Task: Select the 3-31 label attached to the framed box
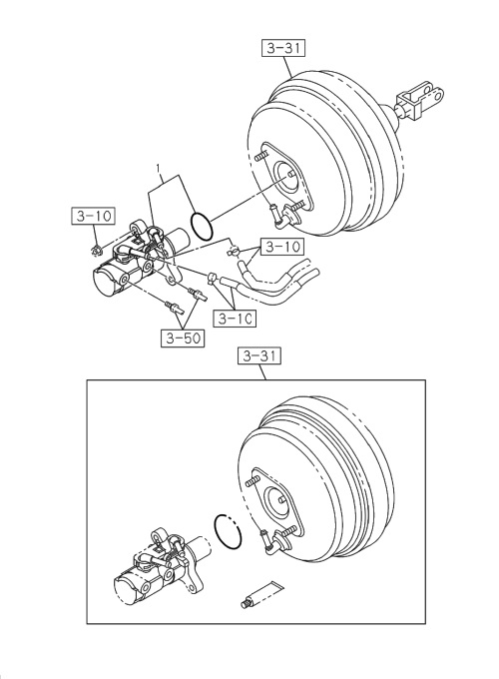261,356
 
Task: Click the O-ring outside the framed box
201,226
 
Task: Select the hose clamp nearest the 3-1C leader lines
214,278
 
